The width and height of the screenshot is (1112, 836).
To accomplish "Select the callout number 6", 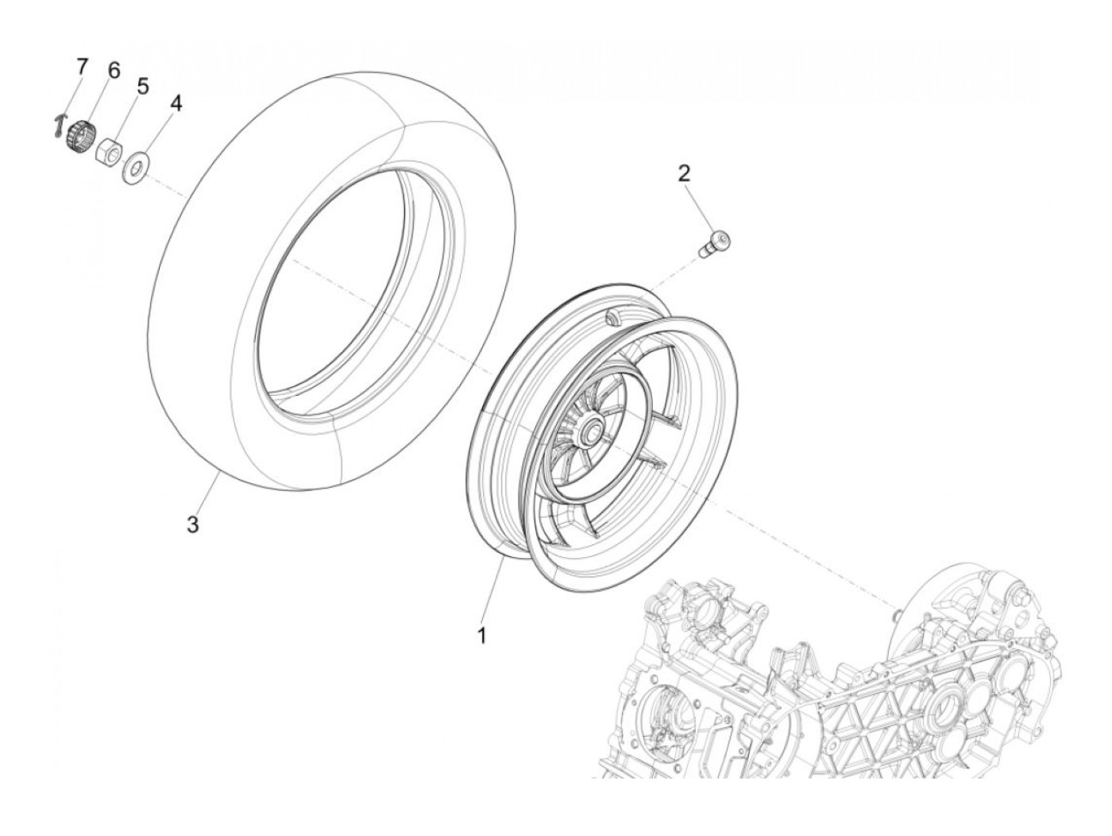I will click(x=113, y=71).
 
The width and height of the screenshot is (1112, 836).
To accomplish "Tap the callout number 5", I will click(x=142, y=86).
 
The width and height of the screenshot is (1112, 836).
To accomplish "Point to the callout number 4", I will click(x=176, y=104).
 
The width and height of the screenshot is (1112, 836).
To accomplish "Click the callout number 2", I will click(x=684, y=172).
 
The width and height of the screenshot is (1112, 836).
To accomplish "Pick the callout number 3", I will click(x=192, y=524).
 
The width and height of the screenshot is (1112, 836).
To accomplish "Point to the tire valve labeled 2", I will click(x=713, y=242).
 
